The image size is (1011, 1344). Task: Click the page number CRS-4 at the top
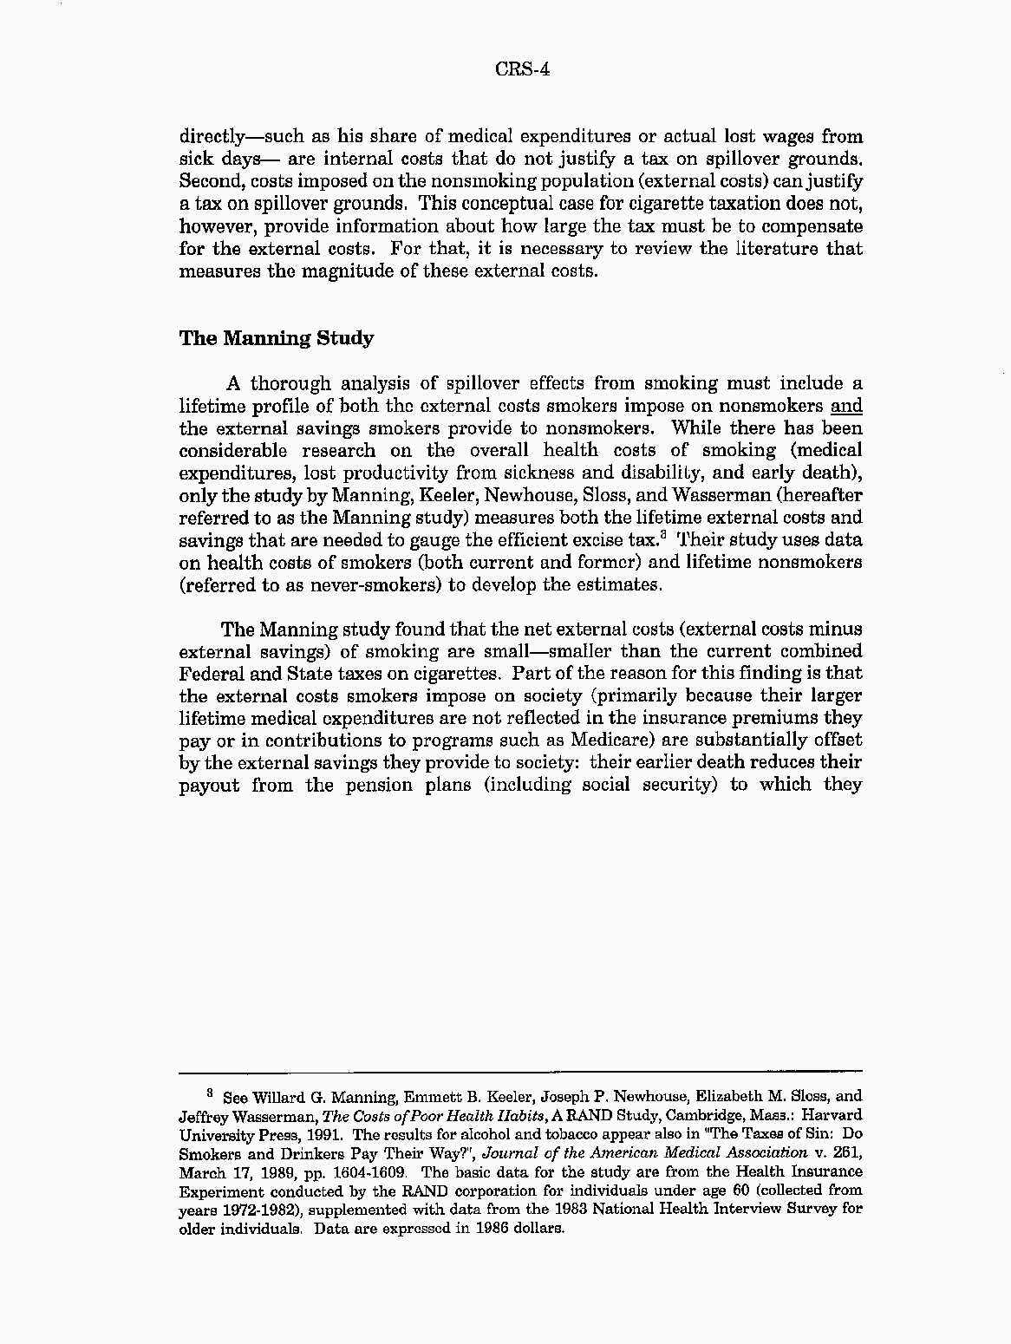[523, 69]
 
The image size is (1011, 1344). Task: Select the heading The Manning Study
[276, 338]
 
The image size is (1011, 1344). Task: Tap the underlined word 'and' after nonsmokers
[845, 406]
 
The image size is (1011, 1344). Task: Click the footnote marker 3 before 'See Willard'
[209, 1093]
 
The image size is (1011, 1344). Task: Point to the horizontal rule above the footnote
[520, 1071]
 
